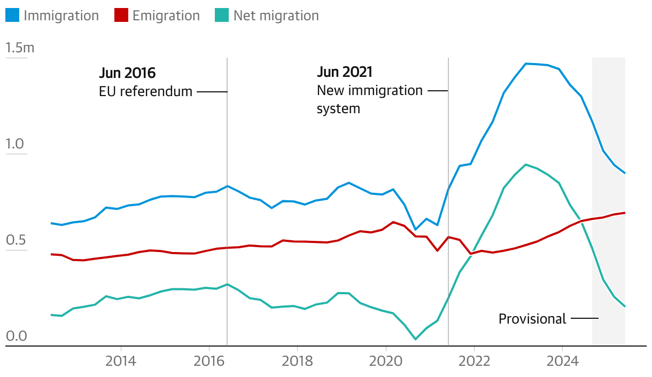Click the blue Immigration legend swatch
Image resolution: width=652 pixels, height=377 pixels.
pyautogui.click(x=12, y=15)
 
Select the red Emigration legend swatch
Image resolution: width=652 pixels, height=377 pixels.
pyautogui.click(x=121, y=15)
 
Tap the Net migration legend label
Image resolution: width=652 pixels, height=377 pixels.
pyautogui.click(x=276, y=15)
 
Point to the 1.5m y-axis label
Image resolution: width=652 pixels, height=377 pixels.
pyautogui.click(x=20, y=48)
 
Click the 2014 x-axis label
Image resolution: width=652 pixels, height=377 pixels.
pyautogui.click(x=121, y=360)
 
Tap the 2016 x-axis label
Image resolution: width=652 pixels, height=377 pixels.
pyautogui.click(x=209, y=360)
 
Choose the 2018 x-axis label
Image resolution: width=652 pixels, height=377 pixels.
pyautogui.click(x=297, y=360)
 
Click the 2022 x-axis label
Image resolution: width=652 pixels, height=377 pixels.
pyautogui.click(x=474, y=360)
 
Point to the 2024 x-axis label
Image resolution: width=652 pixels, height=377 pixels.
pyautogui.click(x=562, y=360)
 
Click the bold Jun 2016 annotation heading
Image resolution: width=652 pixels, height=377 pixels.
pyautogui.click(x=128, y=73)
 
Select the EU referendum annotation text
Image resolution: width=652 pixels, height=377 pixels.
pyautogui.click(x=145, y=91)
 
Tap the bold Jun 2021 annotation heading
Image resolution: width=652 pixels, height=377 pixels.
pyautogui.click(x=345, y=72)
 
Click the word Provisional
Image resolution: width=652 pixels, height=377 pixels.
pyautogui.click(x=532, y=319)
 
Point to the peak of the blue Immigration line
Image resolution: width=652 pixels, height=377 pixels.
pyautogui.click(x=526, y=64)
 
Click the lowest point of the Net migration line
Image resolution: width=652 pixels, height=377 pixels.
pyautogui.click(x=415, y=339)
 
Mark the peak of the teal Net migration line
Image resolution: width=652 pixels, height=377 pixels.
pyautogui.click(x=526, y=164)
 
